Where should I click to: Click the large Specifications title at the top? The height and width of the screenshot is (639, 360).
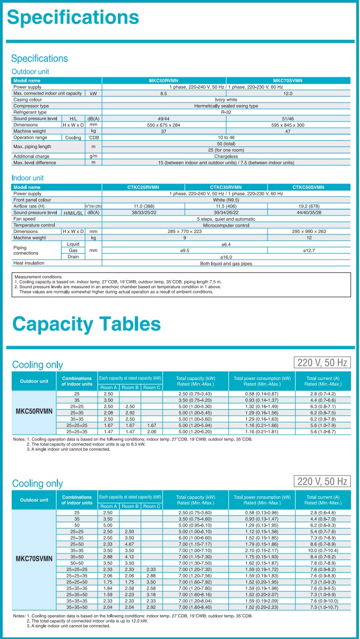pos(73,18)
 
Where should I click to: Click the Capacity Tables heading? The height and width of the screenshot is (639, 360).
pos(86,323)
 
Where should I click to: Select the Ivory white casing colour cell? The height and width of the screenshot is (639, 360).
pos(226,99)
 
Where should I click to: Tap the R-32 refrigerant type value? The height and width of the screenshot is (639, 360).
pos(226,112)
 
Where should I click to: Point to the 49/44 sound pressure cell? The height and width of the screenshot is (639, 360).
pos(164,118)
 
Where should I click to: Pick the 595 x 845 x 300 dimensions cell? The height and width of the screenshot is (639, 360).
pos(288,125)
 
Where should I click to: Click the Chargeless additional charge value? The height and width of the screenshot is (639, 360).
pos(226,157)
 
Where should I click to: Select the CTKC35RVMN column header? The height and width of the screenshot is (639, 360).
pos(226,187)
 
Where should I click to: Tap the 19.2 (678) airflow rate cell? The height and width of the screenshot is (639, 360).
pos(309,205)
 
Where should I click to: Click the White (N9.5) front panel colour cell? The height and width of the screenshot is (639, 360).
pos(226,200)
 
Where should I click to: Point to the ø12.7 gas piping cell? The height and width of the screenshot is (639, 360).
pos(309,250)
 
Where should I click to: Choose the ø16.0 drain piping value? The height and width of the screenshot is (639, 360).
pos(226,256)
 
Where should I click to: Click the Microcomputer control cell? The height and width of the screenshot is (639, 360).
pos(226,225)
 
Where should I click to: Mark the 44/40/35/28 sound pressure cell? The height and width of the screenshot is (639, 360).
pos(309,212)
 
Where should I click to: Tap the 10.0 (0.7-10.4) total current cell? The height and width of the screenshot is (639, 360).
pos(323,551)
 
